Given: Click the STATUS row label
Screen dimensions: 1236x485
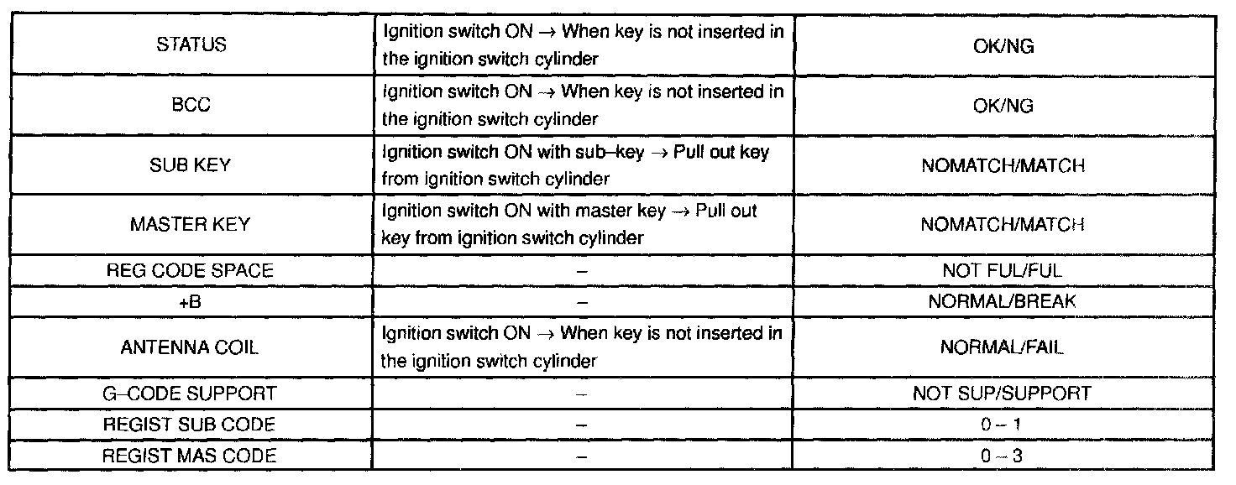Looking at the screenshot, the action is point(191,45).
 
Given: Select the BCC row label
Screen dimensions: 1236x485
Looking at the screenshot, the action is point(191,105).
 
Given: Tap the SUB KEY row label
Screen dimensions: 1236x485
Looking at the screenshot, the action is point(191,165).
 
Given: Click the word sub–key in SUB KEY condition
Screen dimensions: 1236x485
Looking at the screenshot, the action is point(599,153).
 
